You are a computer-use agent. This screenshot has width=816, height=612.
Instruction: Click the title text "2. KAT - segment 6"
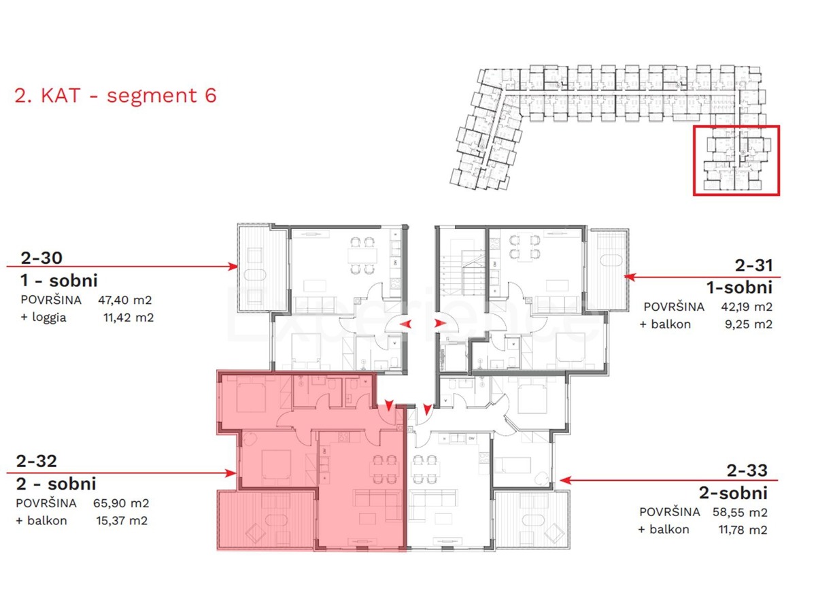[x=116, y=95]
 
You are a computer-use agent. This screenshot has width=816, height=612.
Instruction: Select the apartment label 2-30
[x=42, y=258]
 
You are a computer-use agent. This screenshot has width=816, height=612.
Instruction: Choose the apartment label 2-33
[x=747, y=470]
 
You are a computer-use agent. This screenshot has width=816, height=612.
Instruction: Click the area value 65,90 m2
[x=120, y=504]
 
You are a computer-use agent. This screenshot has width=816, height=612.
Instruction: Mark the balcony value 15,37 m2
[x=122, y=521]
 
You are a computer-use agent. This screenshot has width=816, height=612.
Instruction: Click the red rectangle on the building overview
[x=736, y=160]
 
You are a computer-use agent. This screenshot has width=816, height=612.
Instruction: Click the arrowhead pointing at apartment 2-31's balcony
[x=630, y=277]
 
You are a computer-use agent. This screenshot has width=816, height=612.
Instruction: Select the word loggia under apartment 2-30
[x=48, y=318]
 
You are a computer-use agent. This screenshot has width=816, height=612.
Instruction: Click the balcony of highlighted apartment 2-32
[x=266, y=520]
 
